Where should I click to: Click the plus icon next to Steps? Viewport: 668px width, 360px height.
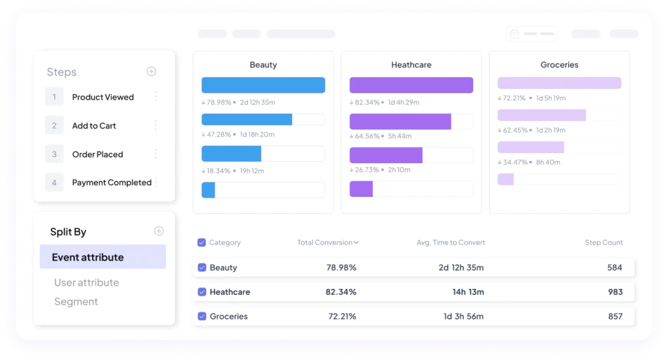tap(151, 71)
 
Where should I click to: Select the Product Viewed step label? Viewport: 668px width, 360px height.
tap(102, 97)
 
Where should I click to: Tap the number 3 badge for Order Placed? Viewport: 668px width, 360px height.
tap(54, 154)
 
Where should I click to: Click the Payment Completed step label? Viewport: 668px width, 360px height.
tap(112, 183)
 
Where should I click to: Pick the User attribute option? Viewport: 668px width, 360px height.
tap(87, 282)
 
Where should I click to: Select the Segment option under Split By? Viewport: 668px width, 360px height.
tap(76, 302)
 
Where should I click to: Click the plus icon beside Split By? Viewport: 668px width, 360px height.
tap(159, 231)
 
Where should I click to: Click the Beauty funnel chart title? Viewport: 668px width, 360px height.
tap(264, 65)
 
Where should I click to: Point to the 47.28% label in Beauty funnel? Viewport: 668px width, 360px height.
tap(219, 134)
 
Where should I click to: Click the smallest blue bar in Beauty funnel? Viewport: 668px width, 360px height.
tap(208, 190)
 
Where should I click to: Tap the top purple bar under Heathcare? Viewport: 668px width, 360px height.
tap(411, 85)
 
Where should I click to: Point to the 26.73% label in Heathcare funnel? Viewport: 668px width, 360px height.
tap(367, 170)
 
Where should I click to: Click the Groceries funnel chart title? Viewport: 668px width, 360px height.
tap(559, 65)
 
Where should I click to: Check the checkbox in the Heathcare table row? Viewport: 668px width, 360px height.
tap(202, 292)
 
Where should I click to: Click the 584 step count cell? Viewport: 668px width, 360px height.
tap(615, 267)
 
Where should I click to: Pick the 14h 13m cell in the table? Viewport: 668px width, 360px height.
tap(468, 292)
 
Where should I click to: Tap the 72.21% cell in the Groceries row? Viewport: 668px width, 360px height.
tap(342, 316)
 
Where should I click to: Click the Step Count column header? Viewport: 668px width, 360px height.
tap(603, 243)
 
